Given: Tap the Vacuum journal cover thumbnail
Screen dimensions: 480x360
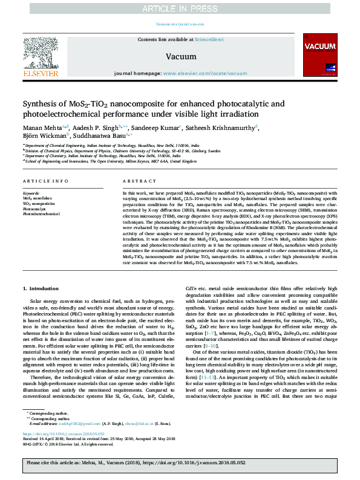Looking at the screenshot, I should tap(319, 56).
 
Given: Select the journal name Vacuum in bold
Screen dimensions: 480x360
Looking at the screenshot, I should tap(180, 56).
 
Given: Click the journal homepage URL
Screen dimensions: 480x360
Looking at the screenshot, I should tap(209, 73).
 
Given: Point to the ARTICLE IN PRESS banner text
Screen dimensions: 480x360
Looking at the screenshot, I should tap(180, 8).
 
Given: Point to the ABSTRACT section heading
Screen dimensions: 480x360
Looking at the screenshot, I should tap(136, 181).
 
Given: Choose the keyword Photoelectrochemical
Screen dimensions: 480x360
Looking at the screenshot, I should tap(42, 214).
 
